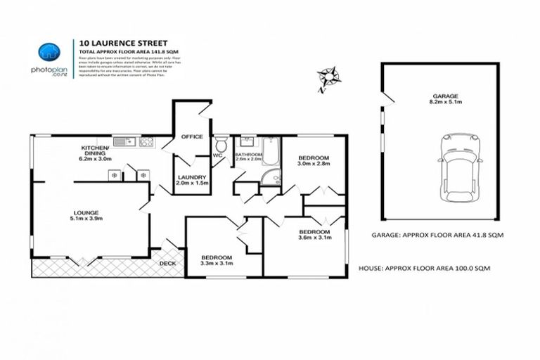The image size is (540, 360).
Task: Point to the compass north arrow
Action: coord(326,76)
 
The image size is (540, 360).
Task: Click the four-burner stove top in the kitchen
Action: coord(146,142)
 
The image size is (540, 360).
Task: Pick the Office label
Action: coord(192,137)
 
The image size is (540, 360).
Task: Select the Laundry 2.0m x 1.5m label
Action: coord(192,181)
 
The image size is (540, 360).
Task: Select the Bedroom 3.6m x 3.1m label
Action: coord(314,235)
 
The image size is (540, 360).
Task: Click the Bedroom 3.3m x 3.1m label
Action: coord(217,260)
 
